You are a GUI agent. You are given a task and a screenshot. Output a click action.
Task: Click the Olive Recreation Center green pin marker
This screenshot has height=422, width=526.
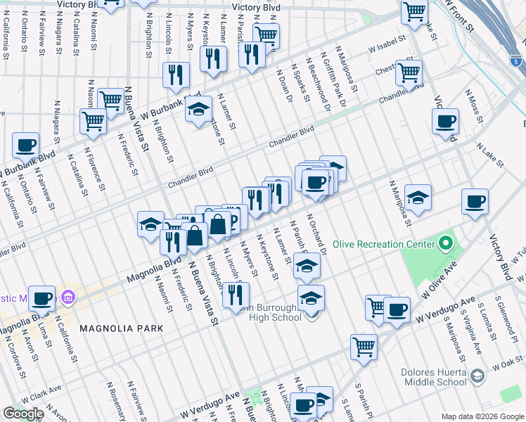444,245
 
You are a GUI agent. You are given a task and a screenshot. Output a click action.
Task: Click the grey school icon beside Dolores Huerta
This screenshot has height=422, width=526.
477,376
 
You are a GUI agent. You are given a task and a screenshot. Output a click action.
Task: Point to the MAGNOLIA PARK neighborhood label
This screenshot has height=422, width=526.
121,328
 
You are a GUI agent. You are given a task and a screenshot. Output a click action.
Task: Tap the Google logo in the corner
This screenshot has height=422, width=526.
23,414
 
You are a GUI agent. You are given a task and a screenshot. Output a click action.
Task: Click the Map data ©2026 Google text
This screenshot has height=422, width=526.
482,416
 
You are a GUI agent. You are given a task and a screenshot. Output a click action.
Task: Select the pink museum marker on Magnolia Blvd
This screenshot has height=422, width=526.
67,295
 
